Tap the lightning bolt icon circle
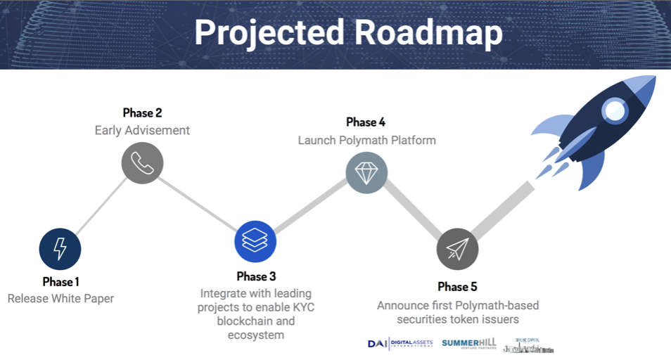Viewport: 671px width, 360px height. [60, 249]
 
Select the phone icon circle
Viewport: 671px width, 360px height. [142, 163]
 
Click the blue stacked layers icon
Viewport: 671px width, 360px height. [255, 242]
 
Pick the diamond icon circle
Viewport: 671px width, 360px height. [366, 172]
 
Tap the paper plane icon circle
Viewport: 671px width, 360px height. [457, 248]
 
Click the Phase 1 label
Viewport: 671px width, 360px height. [60, 281]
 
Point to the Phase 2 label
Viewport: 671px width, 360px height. [142, 112]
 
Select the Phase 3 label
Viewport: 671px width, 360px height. [255, 276]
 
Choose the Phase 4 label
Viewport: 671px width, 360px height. [366, 122]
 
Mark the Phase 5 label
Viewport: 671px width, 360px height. [457, 286]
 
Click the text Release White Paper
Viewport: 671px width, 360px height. [60, 298]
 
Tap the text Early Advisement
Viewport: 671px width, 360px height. [142, 130]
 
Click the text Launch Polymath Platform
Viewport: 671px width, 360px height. [366, 140]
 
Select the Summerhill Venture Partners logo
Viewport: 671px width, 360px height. [469, 343]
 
